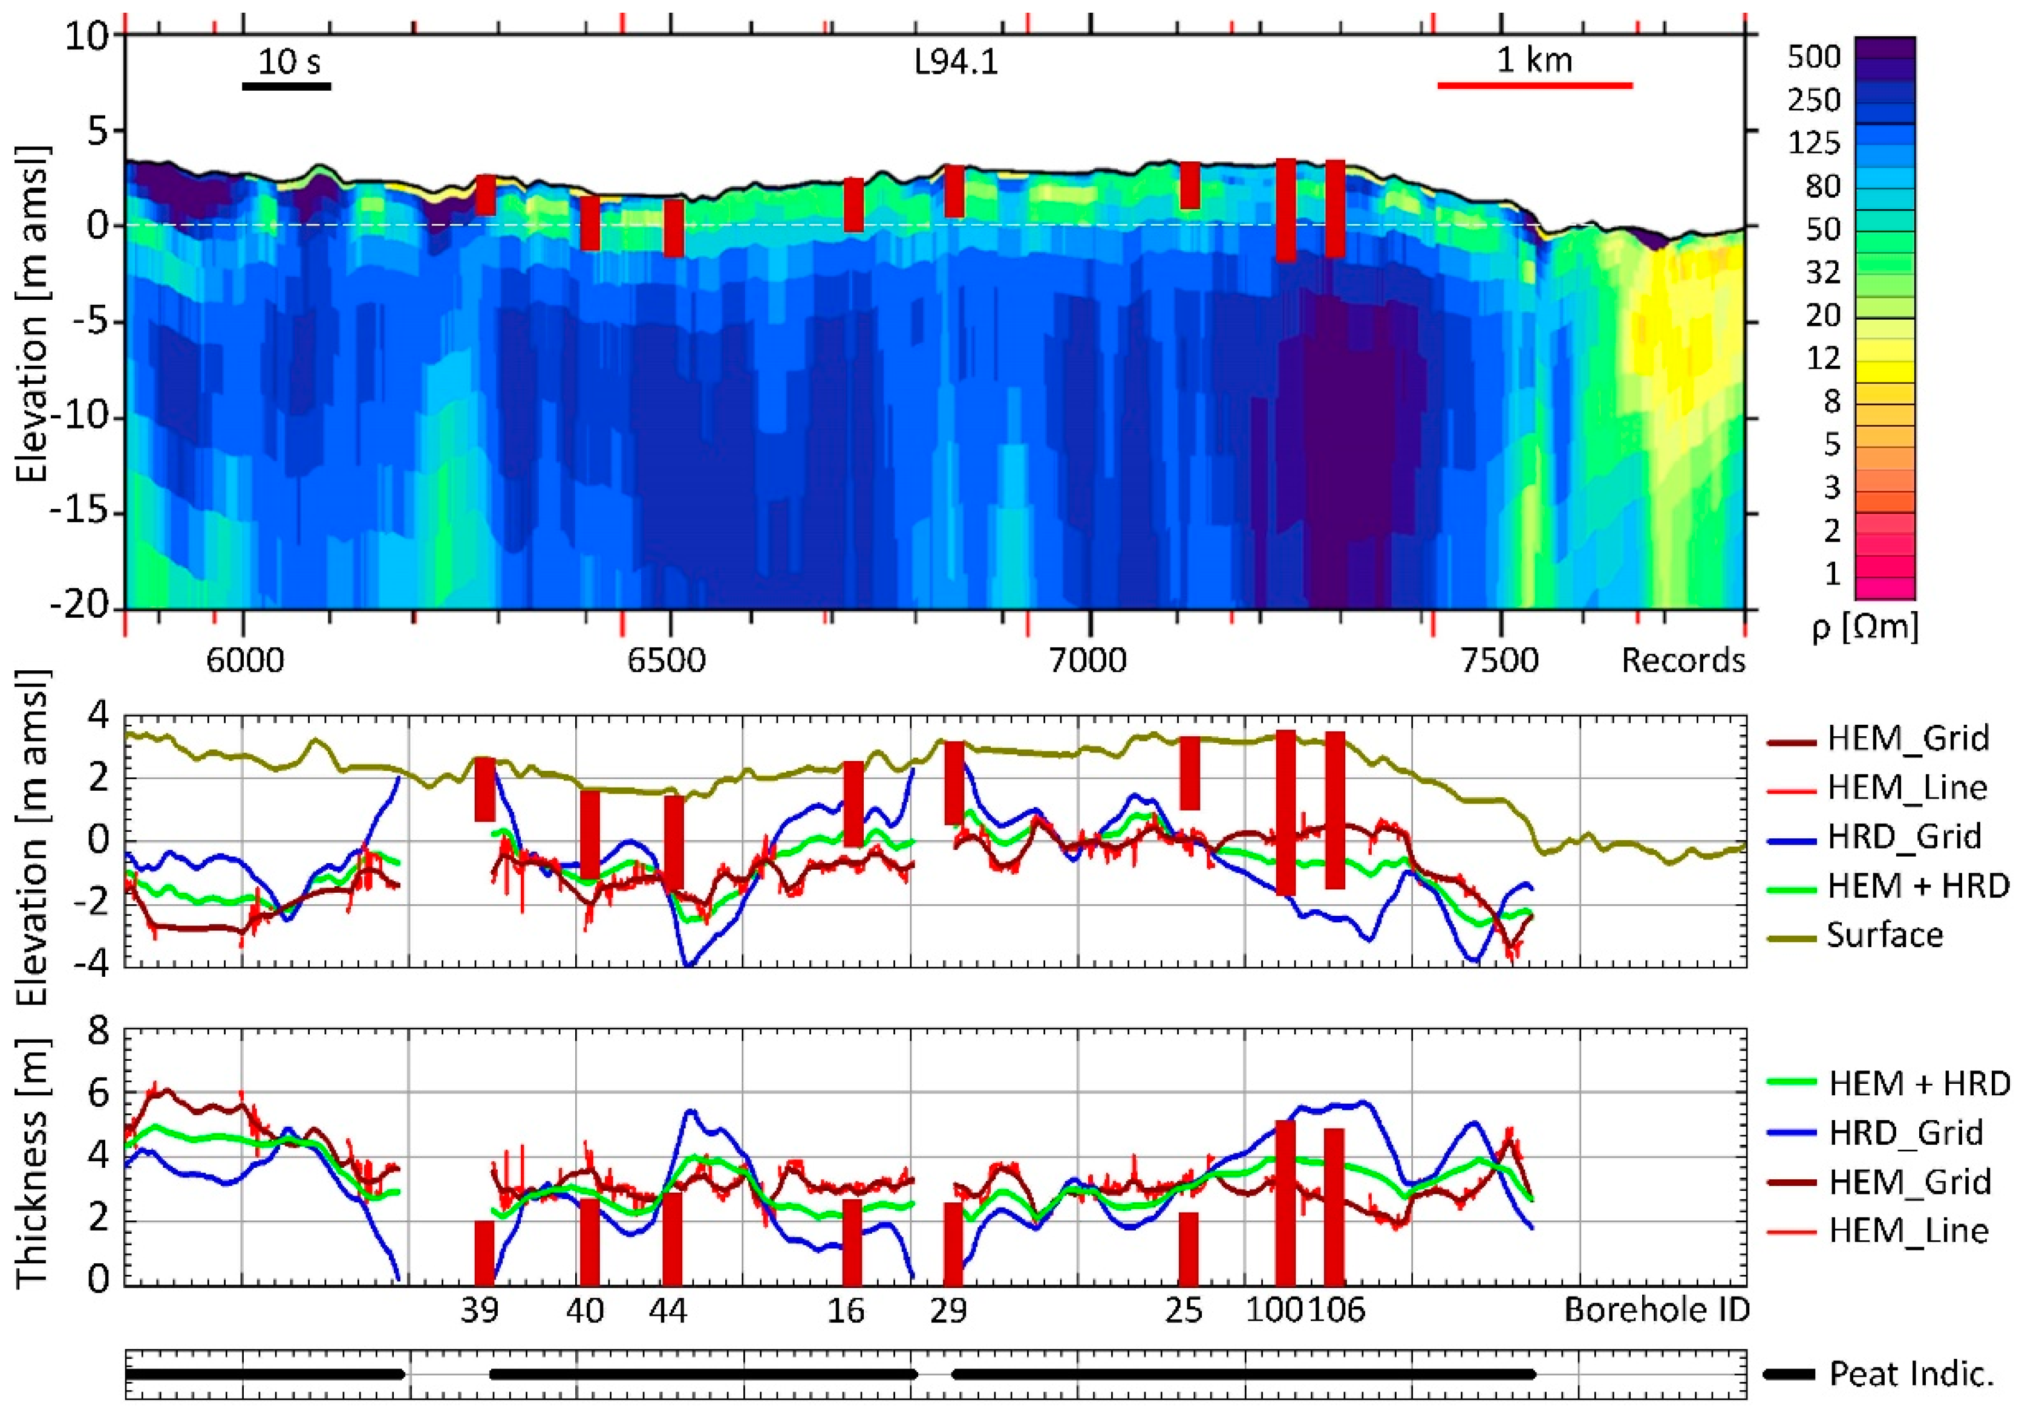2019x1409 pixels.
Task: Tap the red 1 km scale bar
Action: point(1535,85)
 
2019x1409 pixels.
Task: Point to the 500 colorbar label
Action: point(1813,57)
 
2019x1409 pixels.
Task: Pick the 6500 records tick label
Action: point(667,659)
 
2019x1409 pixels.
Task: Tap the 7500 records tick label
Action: point(1499,659)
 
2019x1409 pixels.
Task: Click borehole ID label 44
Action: point(668,1310)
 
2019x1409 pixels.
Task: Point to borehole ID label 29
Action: point(949,1310)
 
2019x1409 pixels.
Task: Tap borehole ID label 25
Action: point(1184,1310)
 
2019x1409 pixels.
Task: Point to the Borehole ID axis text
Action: point(1657,1310)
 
